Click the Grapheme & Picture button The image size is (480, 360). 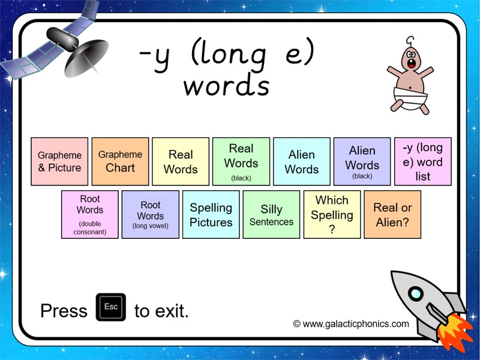59,161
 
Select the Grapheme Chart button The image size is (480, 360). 120,161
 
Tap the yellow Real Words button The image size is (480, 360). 181,161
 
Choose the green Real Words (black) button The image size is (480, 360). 241,161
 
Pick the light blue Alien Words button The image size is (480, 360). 302,161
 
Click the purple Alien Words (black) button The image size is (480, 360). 362,161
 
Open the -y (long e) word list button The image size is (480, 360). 423,161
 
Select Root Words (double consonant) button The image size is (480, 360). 90,214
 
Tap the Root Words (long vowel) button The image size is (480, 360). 151,214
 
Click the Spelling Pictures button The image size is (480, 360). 211,214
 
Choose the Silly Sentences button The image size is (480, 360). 272,214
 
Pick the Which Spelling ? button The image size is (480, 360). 332,214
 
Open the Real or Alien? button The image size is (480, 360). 393,214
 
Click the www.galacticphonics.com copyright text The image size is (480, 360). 351,324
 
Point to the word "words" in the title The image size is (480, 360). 226,86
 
